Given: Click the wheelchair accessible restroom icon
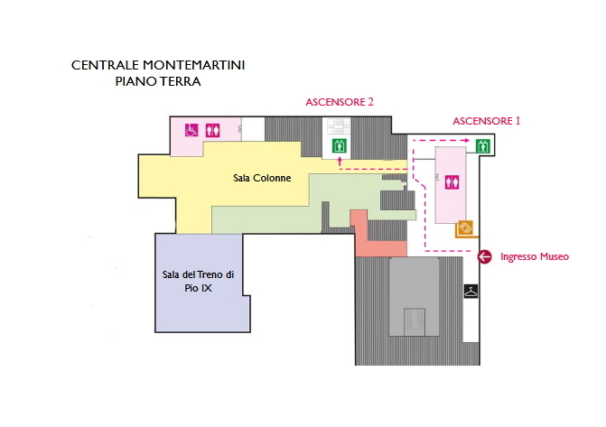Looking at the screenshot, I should tap(191, 130).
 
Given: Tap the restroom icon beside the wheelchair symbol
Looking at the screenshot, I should tap(212, 130).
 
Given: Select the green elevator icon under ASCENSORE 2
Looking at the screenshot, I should tap(340, 145).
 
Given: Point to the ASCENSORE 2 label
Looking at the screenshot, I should tap(340, 103).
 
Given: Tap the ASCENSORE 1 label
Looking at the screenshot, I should tap(487, 120).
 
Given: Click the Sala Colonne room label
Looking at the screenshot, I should tap(262, 178).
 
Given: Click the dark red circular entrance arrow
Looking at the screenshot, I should tap(484, 257).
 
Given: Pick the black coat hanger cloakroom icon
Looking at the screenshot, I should tap(471, 291).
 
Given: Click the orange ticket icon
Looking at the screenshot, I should tap(465, 227).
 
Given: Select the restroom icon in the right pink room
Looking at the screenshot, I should tap(449, 181).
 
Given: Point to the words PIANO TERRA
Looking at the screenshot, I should tap(158, 81).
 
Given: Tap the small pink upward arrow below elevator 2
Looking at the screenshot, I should tap(340, 162).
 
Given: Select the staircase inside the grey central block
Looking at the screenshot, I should tap(414, 320).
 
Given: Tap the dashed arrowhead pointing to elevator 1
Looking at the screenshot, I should tap(467, 141).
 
